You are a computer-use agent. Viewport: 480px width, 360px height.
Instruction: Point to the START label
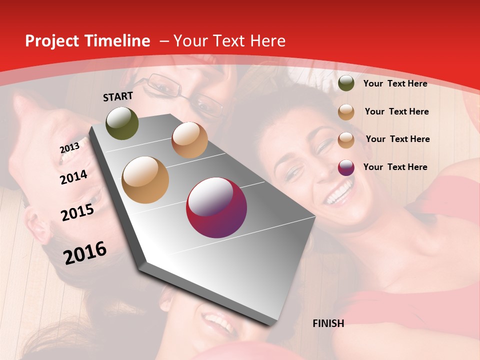118,96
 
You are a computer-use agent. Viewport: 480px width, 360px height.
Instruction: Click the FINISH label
328,323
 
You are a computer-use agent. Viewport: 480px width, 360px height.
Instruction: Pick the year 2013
69,148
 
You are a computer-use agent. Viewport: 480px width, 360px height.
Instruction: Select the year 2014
74,177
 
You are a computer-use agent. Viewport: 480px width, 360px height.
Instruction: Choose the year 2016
85,252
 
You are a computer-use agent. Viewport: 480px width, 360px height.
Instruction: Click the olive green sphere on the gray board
122,123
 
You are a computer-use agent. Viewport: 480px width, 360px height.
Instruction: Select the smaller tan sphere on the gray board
189,140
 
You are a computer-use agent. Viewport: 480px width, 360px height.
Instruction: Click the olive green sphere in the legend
346,83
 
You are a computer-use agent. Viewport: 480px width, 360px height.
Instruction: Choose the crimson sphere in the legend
346,167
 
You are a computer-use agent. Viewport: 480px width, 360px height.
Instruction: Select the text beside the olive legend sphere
395,83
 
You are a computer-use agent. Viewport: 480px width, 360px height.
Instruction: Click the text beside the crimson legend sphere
395,167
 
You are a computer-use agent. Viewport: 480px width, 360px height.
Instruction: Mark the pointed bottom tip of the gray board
272,324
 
